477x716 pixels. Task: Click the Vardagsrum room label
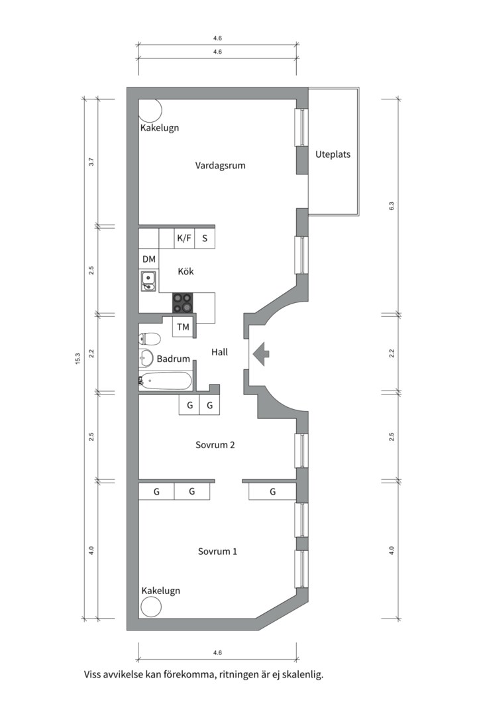point(220,165)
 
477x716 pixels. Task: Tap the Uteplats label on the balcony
point(333,154)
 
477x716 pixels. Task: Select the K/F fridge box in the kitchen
point(184,238)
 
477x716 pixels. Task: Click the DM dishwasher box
point(148,259)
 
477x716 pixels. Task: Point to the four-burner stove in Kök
point(184,303)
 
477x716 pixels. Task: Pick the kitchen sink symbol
point(148,282)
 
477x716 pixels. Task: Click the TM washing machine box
point(183,327)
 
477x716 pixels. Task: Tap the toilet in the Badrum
point(150,339)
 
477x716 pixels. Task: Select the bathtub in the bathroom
point(166,381)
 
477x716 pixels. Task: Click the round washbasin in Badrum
point(146,359)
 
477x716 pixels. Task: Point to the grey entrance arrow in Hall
point(260,353)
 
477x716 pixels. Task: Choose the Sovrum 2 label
point(215,445)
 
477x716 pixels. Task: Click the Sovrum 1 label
point(217,551)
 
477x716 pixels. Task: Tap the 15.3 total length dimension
point(78,359)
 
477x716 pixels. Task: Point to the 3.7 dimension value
point(91,162)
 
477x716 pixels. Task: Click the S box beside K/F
point(205,238)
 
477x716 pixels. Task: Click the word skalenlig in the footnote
point(301,675)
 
